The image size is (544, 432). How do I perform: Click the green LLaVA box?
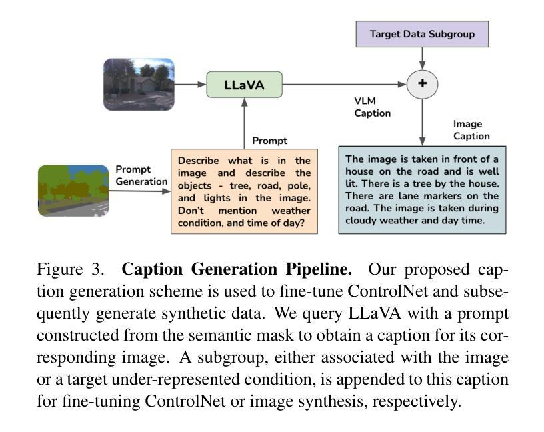[x=244, y=85]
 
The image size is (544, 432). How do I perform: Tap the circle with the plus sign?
[x=421, y=84]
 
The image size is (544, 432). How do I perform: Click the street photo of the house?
[x=139, y=84]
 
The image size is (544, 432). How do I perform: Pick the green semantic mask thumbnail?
[x=73, y=191]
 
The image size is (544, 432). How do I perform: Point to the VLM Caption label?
[x=372, y=107]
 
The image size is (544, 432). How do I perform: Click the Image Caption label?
[x=471, y=130]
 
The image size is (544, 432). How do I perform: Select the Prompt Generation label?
[x=141, y=175]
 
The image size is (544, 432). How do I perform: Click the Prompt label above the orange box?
[x=269, y=141]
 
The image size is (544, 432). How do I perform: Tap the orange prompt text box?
[x=244, y=191]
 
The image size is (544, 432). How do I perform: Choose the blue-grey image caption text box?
[x=422, y=190]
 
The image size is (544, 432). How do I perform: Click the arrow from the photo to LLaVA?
[x=189, y=85]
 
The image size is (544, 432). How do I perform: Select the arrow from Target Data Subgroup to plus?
[x=421, y=58]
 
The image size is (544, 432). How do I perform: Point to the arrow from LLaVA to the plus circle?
[x=344, y=85]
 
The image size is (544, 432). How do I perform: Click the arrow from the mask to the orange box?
[x=139, y=191]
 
